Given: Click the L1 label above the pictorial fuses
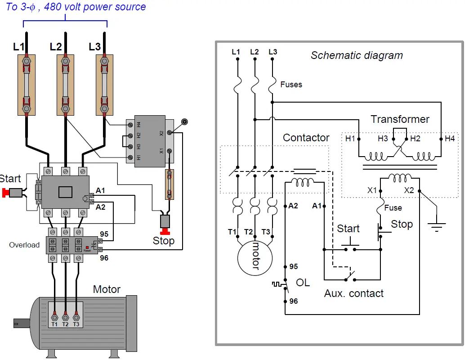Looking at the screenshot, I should [x=19, y=47].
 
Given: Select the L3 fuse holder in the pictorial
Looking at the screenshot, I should [x=104, y=85].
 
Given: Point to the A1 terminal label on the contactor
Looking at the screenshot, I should [x=101, y=191].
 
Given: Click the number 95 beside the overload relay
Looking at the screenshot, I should [x=104, y=234].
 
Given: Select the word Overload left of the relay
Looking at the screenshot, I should [x=24, y=245].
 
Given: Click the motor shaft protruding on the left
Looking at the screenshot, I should [x=21, y=322].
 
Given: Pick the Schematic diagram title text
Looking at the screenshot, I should [x=357, y=56].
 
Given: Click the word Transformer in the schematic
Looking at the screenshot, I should [x=399, y=119].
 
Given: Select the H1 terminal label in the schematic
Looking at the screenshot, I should [x=350, y=139].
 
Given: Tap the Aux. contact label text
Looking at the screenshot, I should [x=353, y=293].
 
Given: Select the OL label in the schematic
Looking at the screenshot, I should [x=303, y=283].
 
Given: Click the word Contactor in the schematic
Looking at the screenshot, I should [x=306, y=138].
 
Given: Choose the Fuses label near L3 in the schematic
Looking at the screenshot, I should [x=291, y=84].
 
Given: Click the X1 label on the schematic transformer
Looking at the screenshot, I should [x=372, y=190].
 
